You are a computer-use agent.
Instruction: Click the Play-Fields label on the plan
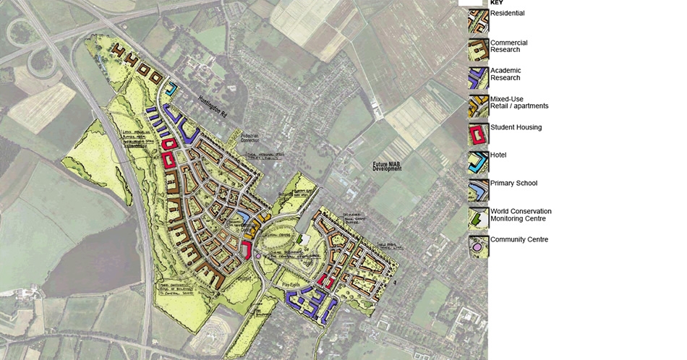(x=293, y=275)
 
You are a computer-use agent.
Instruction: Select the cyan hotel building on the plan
(x=171, y=90)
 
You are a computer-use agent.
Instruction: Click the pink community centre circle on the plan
(x=258, y=255)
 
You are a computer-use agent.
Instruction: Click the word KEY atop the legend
(x=496, y=3)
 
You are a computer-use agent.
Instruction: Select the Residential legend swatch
(x=478, y=22)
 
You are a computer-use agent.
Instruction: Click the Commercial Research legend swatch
(x=478, y=51)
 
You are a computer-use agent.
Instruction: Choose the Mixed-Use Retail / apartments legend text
(x=519, y=102)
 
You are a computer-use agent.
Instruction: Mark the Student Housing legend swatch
(x=478, y=134)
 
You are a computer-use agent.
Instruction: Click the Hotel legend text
(x=498, y=155)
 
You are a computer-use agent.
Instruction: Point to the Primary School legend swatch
(x=478, y=190)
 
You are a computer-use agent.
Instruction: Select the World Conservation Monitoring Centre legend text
(x=520, y=215)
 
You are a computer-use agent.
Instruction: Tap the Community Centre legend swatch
(x=478, y=247)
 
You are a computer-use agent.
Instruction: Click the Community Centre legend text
(x=519, y=239)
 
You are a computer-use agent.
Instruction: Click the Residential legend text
(x=507, y=13)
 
